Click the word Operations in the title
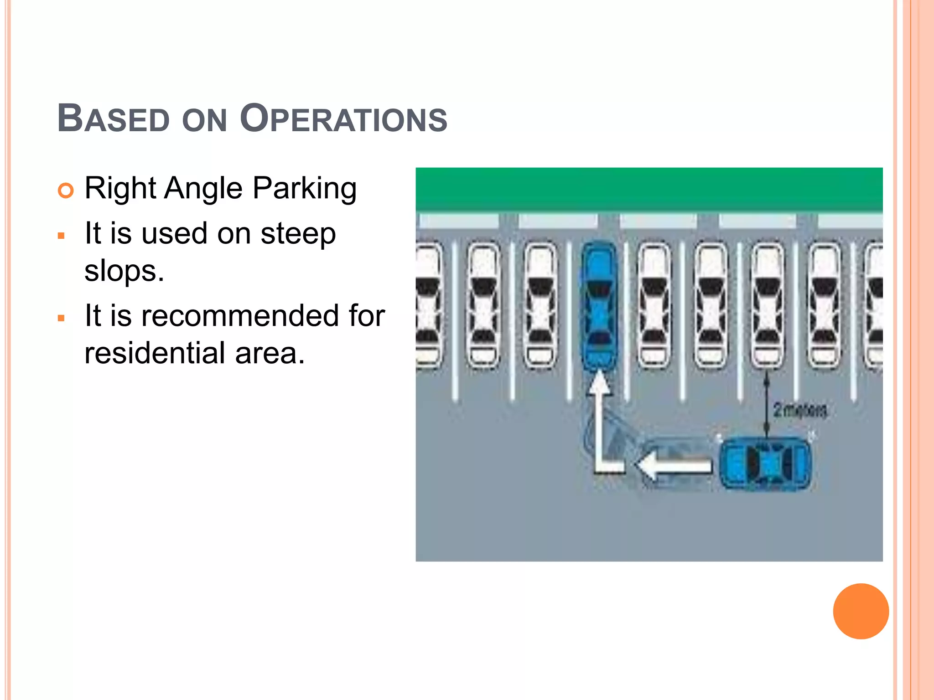pyautogui.click(x=343, y=119)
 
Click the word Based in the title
pyautogui.click(x=113, y=119)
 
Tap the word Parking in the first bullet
pyautogui.click(x=304, y=188)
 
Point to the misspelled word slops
pyautogui.click(x=124, y=271)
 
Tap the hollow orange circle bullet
pyautogui.click(x=66, y=190)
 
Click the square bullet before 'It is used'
pyautogui.click(x=61, y=236)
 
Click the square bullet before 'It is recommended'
pyautogui.click(x=61, y=318)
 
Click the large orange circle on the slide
pyautogui.click(x=861, y=611)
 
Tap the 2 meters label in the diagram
pyautogui.click(x=799, y=410)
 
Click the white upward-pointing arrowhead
pyautogui.click(x=599, y=382)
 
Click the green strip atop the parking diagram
pyautogui.click(x=649, y=189)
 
